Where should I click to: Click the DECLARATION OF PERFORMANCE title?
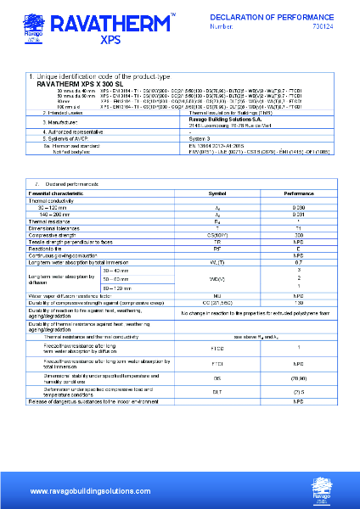(280, 17)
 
